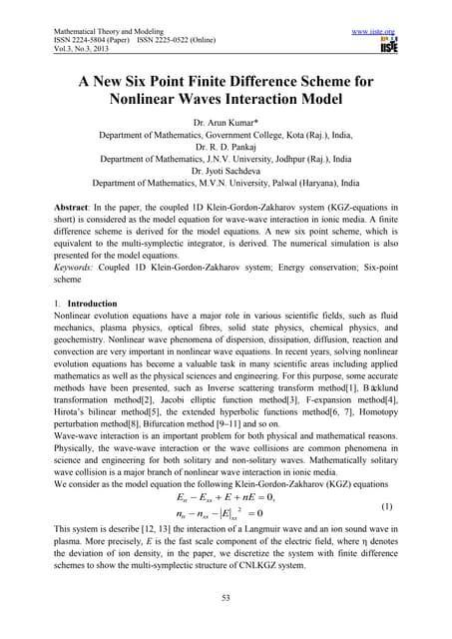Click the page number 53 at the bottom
(x=226, y=598)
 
